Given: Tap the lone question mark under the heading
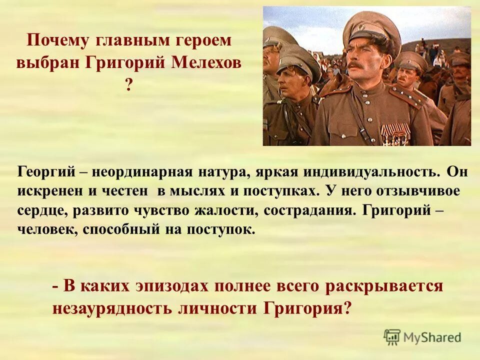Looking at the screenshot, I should (129, 85).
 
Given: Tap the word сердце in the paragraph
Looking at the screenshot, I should (41, 210).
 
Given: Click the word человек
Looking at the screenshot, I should (43, 229).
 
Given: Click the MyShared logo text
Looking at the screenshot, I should (431, 337).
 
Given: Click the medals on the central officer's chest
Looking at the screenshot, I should (394, 133).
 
